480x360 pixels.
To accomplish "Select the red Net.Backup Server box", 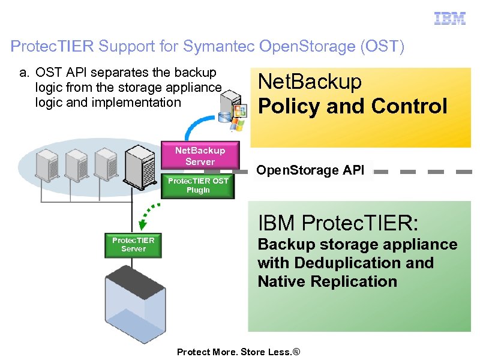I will click(200, 156).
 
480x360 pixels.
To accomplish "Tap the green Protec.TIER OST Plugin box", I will click(197, 185).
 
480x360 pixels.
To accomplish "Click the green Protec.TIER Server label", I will click(133, 244).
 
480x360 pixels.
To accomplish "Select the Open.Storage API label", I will click(310, 170).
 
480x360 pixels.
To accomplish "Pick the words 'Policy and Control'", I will click(352, 106).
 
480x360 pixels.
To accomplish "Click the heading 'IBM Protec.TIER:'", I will click(338, 223).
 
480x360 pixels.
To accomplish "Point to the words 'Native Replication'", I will click(328, 281).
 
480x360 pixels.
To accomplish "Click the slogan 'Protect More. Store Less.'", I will click(238, 352).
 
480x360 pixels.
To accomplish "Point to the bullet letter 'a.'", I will click(24, 73).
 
